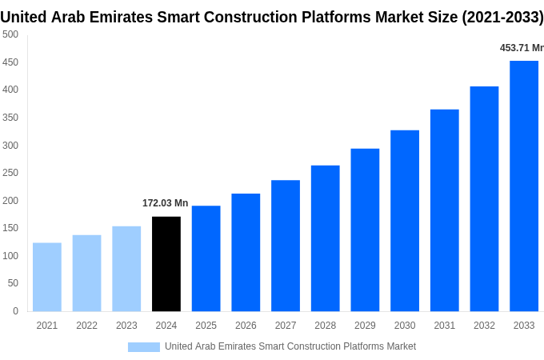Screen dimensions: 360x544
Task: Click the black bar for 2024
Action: (x=166, y=264)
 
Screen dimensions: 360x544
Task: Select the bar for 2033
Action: (x=524, y=186)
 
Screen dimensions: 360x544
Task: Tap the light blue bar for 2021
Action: (x=47, y=277)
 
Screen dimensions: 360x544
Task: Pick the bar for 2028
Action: (x=326, y=238)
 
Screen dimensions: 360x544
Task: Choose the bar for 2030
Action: (x=405, y=221)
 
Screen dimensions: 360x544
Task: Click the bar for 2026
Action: (x=246, y=252)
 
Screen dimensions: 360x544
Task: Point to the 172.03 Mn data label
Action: (x=166, y=203)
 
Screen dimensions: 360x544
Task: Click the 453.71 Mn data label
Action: (x=522, y=48)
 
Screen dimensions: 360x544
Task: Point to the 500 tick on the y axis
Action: (x=10, y=34)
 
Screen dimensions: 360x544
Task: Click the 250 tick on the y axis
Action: (x=10, y=173)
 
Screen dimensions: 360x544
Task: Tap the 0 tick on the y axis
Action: (x=15, y=311)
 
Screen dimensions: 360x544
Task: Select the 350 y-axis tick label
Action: (x=10, y=118)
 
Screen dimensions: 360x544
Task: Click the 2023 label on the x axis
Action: (x=126, y=326)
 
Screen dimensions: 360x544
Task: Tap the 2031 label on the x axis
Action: (x=445, y=326)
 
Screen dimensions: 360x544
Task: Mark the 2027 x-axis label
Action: (x=286, y=326)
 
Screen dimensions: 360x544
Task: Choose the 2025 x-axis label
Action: (x=206, y=326)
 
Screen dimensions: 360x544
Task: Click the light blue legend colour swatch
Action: (x=144, y=347)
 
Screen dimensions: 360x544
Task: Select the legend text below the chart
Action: (x=290, y=346)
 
